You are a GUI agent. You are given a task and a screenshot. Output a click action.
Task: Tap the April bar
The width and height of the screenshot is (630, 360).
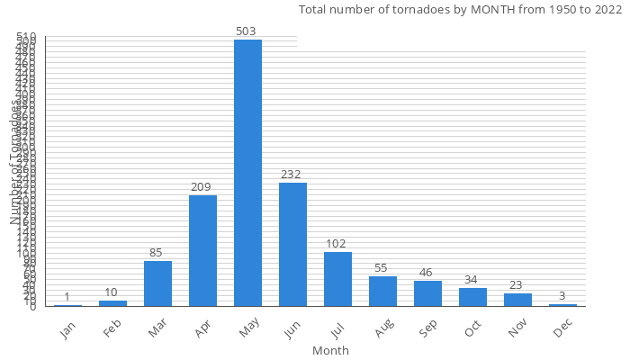202,251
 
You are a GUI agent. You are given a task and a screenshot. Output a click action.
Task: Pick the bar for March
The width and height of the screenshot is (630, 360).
157,283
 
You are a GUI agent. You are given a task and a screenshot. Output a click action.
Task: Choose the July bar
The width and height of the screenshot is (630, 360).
337,279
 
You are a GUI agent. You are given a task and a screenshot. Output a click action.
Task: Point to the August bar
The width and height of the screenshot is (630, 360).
382,292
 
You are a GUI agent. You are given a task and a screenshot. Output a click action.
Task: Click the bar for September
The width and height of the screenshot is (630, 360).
427,293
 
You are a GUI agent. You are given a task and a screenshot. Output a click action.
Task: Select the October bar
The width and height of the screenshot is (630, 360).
472,297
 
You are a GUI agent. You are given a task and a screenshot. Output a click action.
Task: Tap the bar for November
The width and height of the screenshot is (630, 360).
517,300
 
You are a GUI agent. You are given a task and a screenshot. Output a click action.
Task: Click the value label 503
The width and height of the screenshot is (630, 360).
247,31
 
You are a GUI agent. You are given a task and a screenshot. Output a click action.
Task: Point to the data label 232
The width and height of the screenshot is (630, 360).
292,175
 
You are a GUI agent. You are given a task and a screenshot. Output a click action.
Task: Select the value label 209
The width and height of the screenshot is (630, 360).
202,187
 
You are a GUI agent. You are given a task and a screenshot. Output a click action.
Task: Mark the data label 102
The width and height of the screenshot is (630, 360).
337,244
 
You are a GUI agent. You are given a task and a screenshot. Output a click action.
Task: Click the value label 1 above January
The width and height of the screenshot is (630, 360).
67,297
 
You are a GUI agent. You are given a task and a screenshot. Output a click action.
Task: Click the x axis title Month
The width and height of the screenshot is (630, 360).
330,350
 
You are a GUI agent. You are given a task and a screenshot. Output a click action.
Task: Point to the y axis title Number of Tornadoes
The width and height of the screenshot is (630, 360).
15,163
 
